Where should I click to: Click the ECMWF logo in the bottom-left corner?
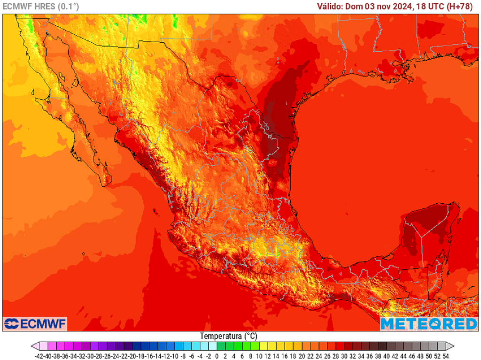tap(35, 324)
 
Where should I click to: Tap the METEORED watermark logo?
tap(428, 324)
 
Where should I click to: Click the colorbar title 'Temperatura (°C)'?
tap(229, 336)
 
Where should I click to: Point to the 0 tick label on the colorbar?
tap(217, 356)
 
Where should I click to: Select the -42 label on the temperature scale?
tap(39, 356)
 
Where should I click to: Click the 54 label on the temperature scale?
tap(445, 356)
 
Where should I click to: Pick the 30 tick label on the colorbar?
tap(344, 356)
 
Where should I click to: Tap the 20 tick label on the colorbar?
tap(302, 356)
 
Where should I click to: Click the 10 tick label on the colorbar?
tap(259, 356)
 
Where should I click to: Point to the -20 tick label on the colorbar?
tap(132, 356)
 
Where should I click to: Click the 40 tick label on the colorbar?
tap(386, 356)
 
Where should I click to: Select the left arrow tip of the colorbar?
tap(33, 346)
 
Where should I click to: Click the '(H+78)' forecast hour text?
tap(462, 7)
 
